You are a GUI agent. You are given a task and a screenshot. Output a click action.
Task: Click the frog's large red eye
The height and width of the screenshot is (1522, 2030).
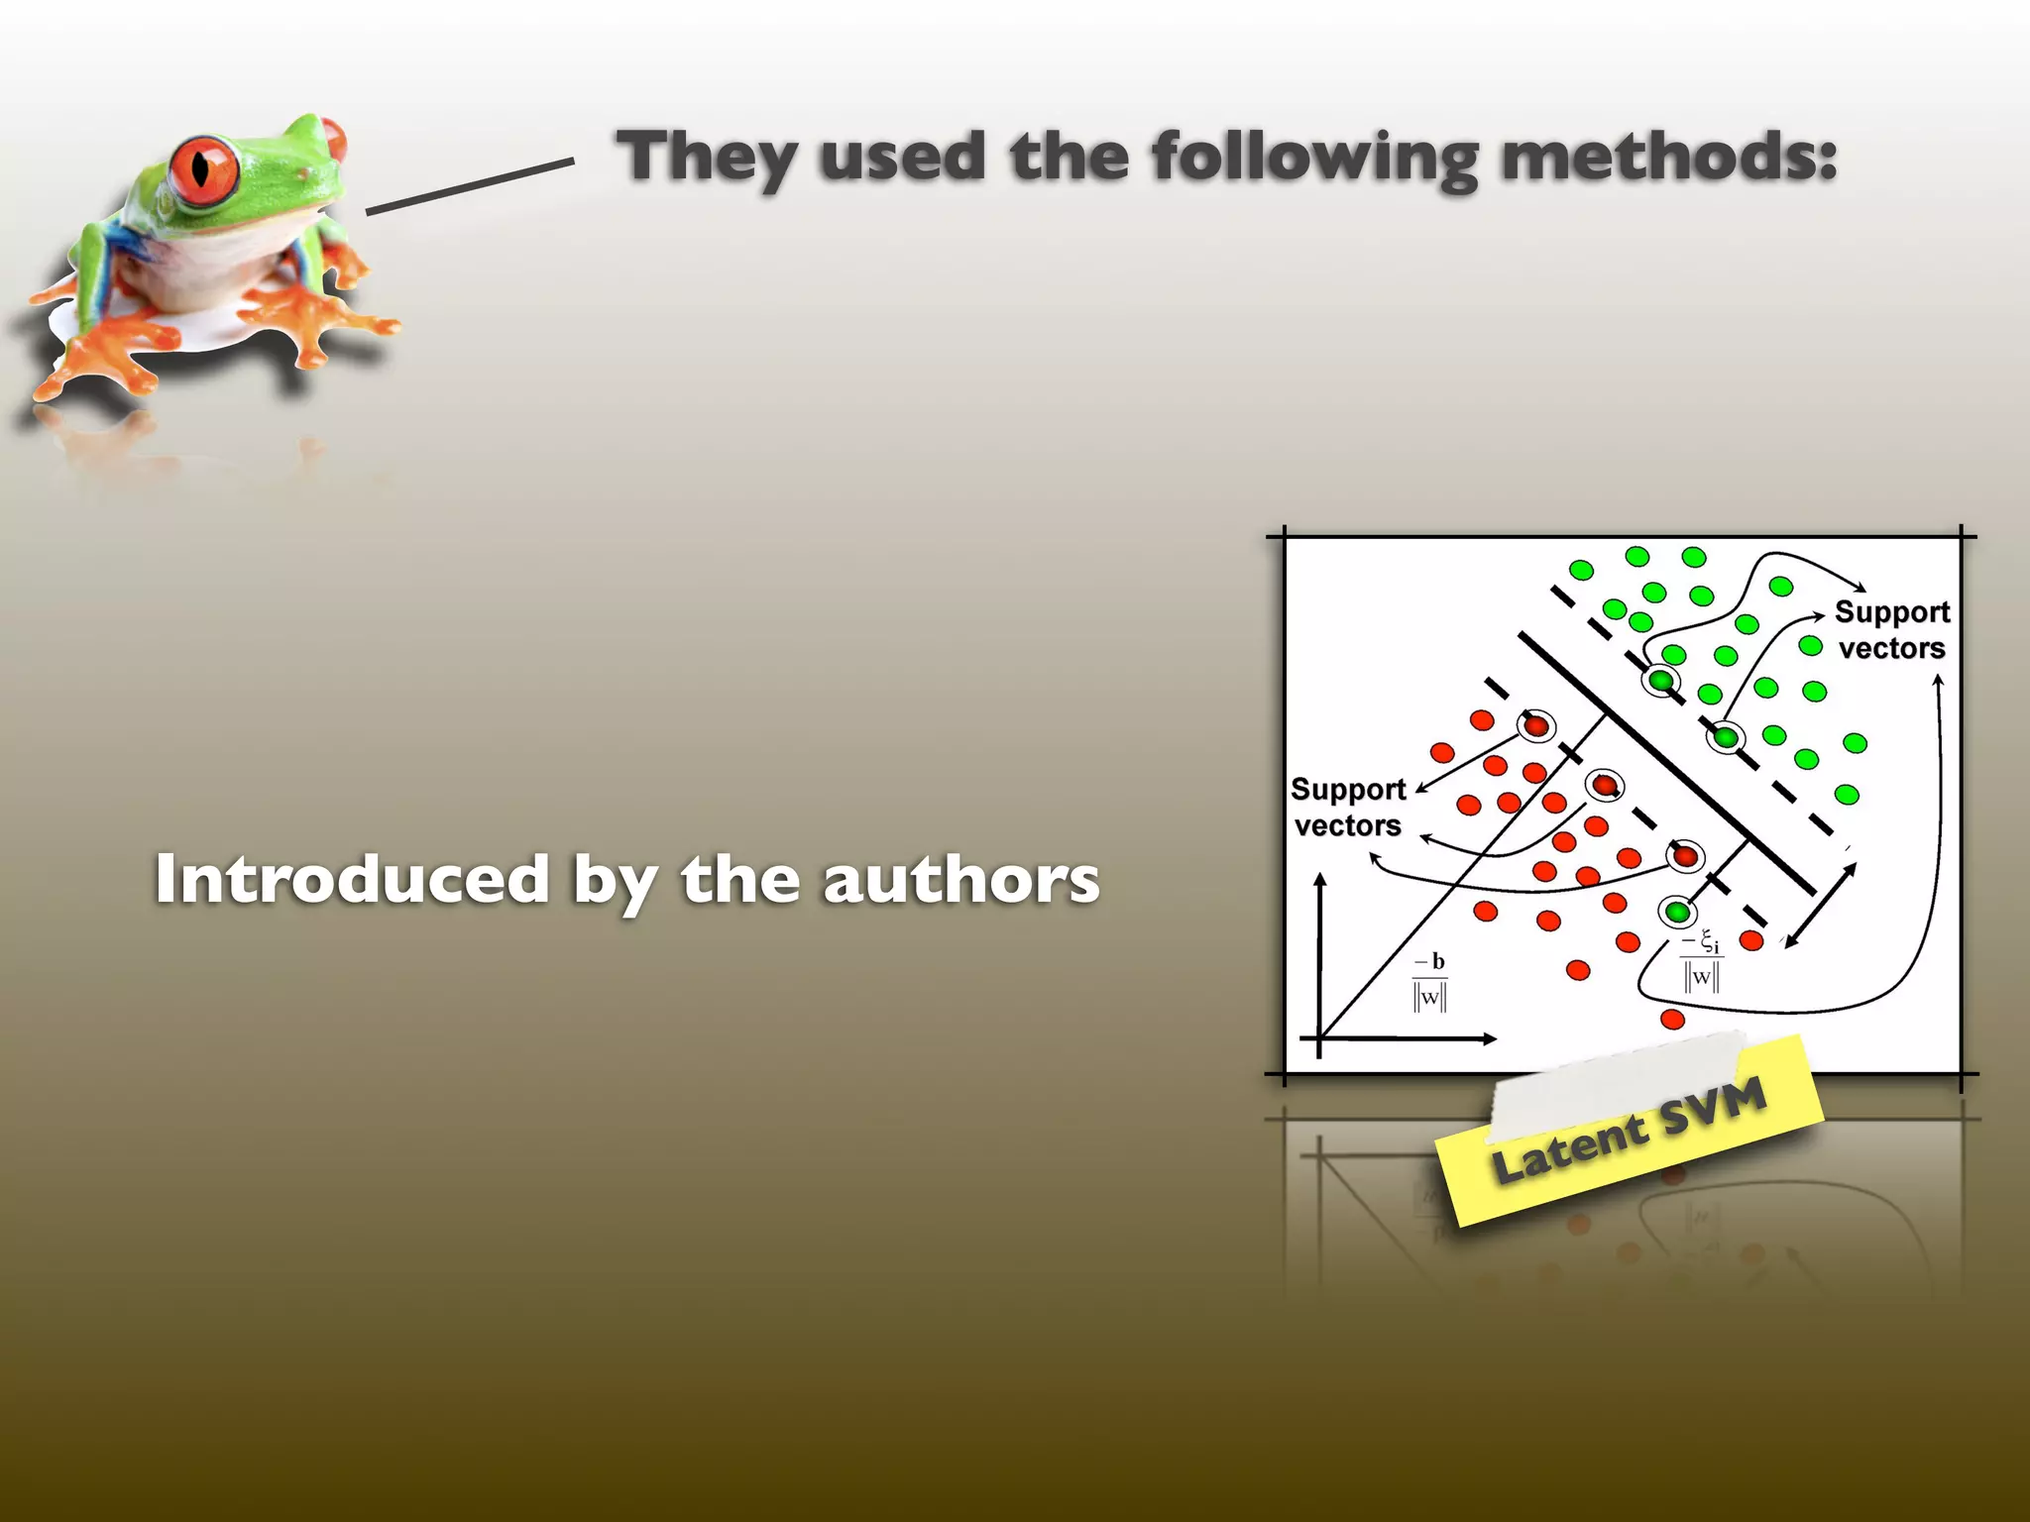[x=204, y=168]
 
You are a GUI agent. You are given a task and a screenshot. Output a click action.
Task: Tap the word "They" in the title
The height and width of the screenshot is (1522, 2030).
[x=706, y=159]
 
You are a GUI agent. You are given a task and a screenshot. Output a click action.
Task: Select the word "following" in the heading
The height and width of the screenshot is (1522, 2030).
[x=1314, y=159]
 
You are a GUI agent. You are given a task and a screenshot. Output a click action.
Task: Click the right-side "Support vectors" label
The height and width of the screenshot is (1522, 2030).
[x=1891, y=630]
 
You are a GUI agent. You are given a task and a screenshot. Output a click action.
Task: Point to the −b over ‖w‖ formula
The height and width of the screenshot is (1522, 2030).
[x=1430, y=981]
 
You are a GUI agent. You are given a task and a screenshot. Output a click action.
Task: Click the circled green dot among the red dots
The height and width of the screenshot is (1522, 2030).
[x=1677, y=911]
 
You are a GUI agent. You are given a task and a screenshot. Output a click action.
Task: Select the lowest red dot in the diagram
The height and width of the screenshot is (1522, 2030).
[x=1672, y=1019]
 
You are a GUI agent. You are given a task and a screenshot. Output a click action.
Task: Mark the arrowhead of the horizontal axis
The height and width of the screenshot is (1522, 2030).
[x=1489, y=1038]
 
